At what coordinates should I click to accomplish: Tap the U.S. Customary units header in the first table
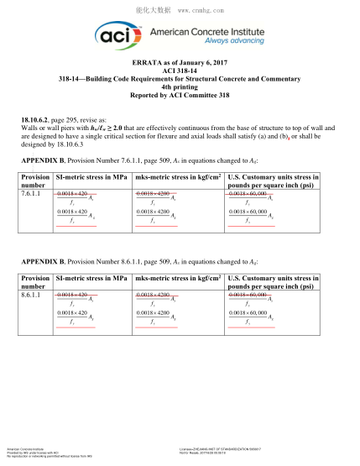(x=274, y=181)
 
